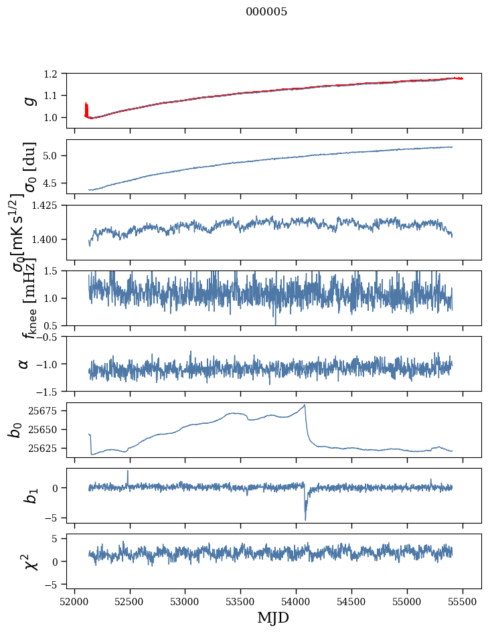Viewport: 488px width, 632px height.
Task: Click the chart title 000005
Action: (266, 12)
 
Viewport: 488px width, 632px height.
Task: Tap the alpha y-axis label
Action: (24, 364)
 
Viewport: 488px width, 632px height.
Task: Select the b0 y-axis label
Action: (15, 430)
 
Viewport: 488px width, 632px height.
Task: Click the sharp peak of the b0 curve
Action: (305, 405)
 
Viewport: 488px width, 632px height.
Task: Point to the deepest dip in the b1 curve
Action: (305, 520)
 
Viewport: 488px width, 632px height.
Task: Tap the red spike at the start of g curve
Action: (86, 107)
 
